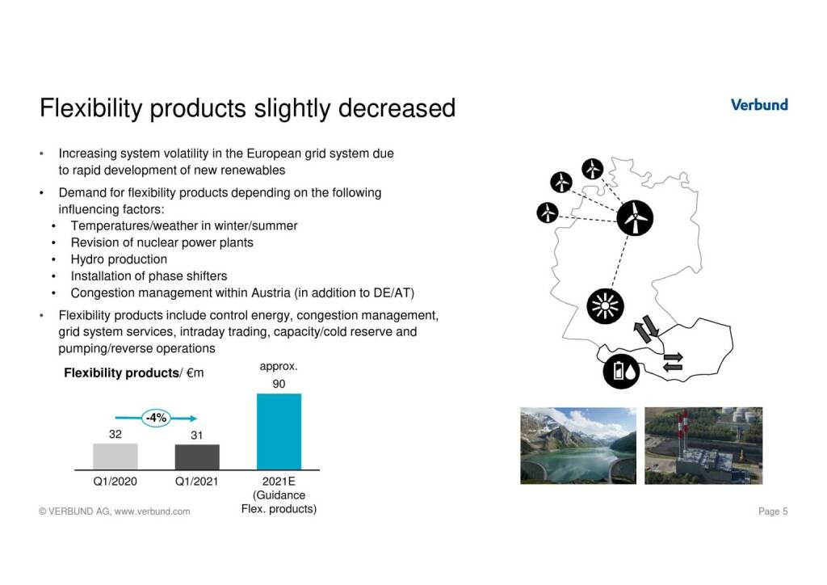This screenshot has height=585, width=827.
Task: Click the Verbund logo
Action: click(x=759, y=104)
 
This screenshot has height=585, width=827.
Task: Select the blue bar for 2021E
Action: click(x=279, y=431)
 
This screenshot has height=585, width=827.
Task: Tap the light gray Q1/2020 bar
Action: click(x=115, y=457)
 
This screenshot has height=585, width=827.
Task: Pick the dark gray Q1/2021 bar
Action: click(x=197, y=457)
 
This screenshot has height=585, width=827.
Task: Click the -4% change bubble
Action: click(x=156, y=418)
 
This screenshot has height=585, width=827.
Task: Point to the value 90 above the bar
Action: click(x=279, y=384)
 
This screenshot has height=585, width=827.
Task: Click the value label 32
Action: click(x=115, y=434)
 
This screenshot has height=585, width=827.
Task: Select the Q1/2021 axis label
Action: click(x=197, y=481)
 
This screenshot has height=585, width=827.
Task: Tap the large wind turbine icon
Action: click(x=635, y=218)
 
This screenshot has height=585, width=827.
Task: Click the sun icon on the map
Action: click(x=605, y=306)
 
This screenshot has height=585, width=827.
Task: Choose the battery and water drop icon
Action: click(x=621, y=371)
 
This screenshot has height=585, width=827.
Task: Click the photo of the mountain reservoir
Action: click(x=578, y=445)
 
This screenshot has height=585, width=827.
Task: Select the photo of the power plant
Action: click(x=703, y=445)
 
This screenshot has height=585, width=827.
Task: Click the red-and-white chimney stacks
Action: click(x=683, y=431)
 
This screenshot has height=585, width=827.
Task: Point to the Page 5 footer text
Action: click(x=773, y=511)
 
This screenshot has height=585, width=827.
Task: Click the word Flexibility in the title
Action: click(x=91, y=108)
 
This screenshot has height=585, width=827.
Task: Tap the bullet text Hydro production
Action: click(x=120, y=259)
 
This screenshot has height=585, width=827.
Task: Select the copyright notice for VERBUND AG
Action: click(x=115, y=511)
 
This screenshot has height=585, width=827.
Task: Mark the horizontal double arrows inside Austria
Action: click(x=673, y=362)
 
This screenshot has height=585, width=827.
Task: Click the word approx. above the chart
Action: click(x=279, y=367)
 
